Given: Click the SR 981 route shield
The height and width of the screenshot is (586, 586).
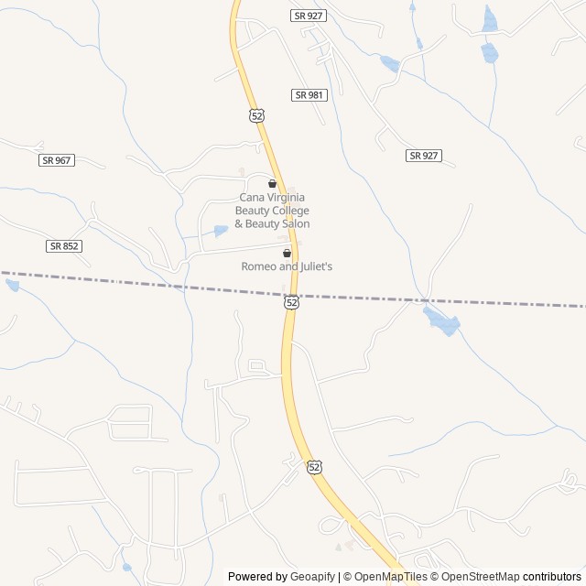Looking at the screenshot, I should click(x=309, y=95).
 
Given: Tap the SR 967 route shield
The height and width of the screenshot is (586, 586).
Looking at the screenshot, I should click(x=57, y=160).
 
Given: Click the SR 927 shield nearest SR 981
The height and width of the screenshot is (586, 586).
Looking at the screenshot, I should click(x=309, y=16).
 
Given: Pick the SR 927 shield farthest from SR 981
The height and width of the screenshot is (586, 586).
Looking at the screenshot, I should click(x=424, y=156).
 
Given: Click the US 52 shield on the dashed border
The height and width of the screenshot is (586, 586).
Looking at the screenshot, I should click(x=291, y=301).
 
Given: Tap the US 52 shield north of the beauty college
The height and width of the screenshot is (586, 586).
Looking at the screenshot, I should click(x=256, y=115).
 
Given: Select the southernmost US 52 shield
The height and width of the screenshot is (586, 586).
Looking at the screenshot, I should click(x=315, y=467).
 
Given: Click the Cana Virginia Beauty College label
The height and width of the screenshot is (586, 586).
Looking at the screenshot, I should click(x=272, y=210).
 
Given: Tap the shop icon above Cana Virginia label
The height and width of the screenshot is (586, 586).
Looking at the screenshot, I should click(x=272, y=184).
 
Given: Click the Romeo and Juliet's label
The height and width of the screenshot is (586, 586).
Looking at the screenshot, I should click(x=287, y=266).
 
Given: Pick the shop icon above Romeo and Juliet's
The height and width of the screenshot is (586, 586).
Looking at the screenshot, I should click(x=287, y=253).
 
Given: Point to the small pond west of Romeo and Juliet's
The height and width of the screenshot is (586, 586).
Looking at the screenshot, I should click(x=220, y=231).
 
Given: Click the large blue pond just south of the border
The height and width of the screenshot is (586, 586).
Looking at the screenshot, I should click(x=441, y=320).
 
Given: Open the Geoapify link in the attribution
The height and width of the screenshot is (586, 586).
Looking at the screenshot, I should click(x=312, y=577).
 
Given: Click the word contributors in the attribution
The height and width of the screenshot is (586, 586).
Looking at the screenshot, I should click(x=552, y=577).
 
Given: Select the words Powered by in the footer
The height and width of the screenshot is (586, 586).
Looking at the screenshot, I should click(x=257, y=577).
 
